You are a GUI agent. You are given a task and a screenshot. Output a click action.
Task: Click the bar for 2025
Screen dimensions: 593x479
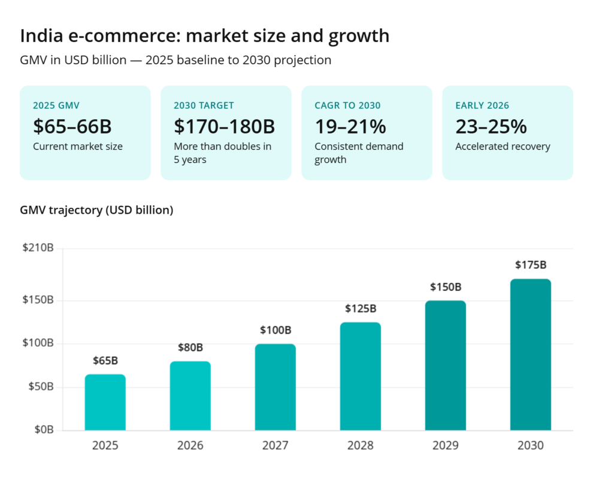click(105, 402)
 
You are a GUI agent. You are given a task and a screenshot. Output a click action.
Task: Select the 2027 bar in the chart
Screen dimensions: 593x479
click(276, 387)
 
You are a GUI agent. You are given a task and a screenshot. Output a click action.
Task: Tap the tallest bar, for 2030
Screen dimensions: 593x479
click(531, 354)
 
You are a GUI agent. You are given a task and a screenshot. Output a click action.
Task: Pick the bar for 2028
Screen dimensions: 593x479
click(361, 376)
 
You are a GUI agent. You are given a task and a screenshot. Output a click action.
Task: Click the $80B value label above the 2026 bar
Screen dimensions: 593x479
click(190, 347)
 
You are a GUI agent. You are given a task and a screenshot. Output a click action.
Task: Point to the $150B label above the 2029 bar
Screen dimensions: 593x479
click(446, 287)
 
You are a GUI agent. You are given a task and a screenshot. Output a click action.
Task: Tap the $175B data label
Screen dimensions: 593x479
click(531, 265)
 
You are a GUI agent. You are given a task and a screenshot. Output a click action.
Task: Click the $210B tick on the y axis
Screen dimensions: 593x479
click(38, 248)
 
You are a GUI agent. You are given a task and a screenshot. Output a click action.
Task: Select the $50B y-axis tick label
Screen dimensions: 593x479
click(41, 387)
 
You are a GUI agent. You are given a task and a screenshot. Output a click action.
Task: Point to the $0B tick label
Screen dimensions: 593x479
click(44, 430)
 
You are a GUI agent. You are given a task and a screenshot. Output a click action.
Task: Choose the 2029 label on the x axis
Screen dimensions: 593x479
click(446, 445)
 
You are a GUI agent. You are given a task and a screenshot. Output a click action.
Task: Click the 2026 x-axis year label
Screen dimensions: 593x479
click(190, 445)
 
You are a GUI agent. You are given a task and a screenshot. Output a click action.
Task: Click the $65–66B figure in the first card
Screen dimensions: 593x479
click(72, 126)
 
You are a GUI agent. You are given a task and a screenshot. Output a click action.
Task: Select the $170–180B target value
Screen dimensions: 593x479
click(224, 126)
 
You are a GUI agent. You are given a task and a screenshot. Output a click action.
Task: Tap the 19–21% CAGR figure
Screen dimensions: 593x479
click(350, 126)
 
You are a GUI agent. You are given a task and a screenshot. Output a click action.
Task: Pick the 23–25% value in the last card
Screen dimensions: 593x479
click(491, 126)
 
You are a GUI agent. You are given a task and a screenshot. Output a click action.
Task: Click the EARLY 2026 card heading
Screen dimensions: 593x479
click(482, 105)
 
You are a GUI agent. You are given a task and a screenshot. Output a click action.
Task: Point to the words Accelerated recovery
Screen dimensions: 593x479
click(503, 147)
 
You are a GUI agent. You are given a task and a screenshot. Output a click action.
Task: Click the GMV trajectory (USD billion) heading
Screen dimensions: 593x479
click(96, 210)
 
